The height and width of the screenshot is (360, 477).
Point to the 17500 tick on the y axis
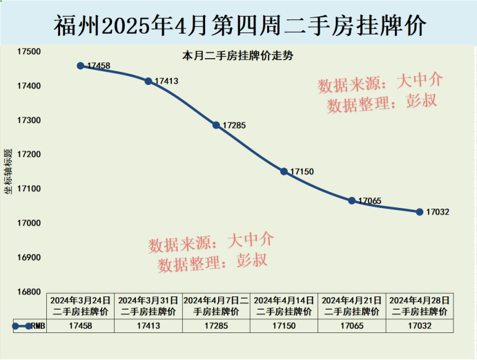30,52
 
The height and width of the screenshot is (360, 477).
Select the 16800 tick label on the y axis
30,292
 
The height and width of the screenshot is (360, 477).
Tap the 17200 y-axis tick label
30,155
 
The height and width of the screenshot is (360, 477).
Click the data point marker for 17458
81,66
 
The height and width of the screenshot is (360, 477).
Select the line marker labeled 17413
148,82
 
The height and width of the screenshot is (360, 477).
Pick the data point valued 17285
216,125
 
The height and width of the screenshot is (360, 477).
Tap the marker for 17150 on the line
284,171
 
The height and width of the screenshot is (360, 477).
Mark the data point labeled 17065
351,200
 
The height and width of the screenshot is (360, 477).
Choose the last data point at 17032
419,211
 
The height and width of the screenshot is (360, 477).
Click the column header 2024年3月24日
80,306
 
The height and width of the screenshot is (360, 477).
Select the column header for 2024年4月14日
284,306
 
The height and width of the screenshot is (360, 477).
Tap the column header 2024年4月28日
420,306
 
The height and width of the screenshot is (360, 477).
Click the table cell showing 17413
148,325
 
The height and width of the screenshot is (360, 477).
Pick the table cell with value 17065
351,325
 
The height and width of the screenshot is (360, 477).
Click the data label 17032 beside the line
438,212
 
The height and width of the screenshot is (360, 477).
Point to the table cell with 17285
216,325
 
